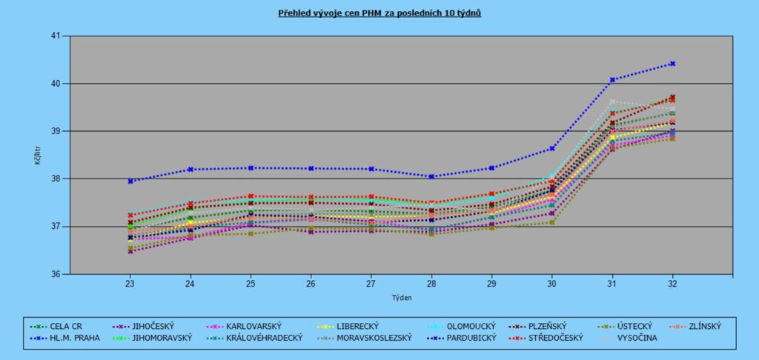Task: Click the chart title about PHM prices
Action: click(379, 13)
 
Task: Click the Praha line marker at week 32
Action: click(672, 64)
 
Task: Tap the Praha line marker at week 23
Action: click(130, 181)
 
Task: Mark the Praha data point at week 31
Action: click(612, 79)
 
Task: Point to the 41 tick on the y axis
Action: click(56, 36)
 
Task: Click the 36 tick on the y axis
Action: click(56, 274)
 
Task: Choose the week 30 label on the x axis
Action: click(551, 284)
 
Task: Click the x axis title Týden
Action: click(400, 298)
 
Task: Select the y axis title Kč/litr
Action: click(37, 155)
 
